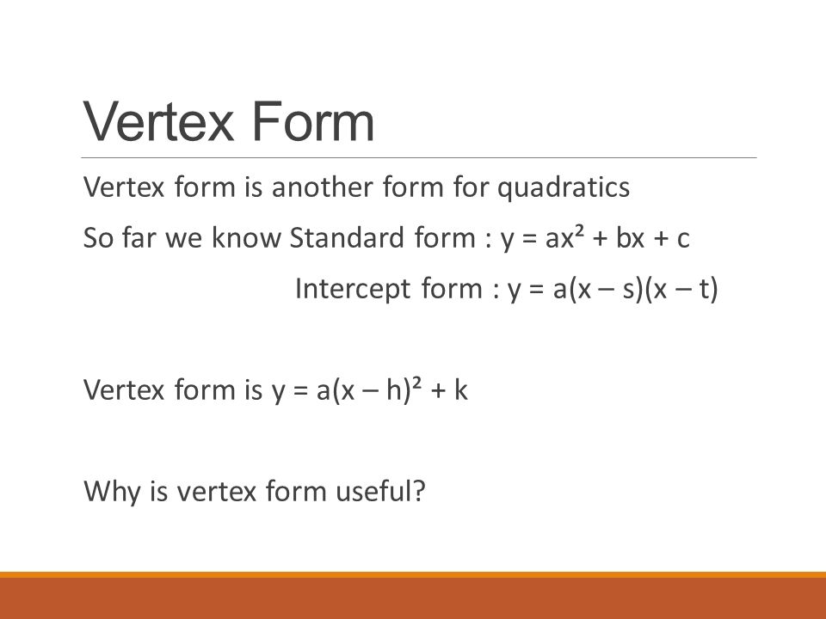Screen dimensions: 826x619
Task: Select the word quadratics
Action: (x=564, y=188)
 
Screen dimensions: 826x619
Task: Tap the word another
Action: (x=323, y=187)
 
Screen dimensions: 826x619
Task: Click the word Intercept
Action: (x=353, y=289)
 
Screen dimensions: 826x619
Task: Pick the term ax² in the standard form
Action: (x=567, y=237)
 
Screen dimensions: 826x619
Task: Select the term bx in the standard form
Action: (x=630, y=237)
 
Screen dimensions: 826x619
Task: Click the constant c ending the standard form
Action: (x=683, y=240)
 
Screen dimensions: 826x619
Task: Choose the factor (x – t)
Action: (x=681, y=290)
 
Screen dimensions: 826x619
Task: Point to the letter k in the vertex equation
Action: (x=461, y=390)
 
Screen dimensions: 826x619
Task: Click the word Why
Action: (x=111, y=492)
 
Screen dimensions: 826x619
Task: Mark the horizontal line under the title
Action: (x=419, y=157)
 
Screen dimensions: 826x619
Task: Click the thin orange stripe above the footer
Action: (x=413, y=574)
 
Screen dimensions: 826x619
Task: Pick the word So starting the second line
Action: (x=98, y=237)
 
